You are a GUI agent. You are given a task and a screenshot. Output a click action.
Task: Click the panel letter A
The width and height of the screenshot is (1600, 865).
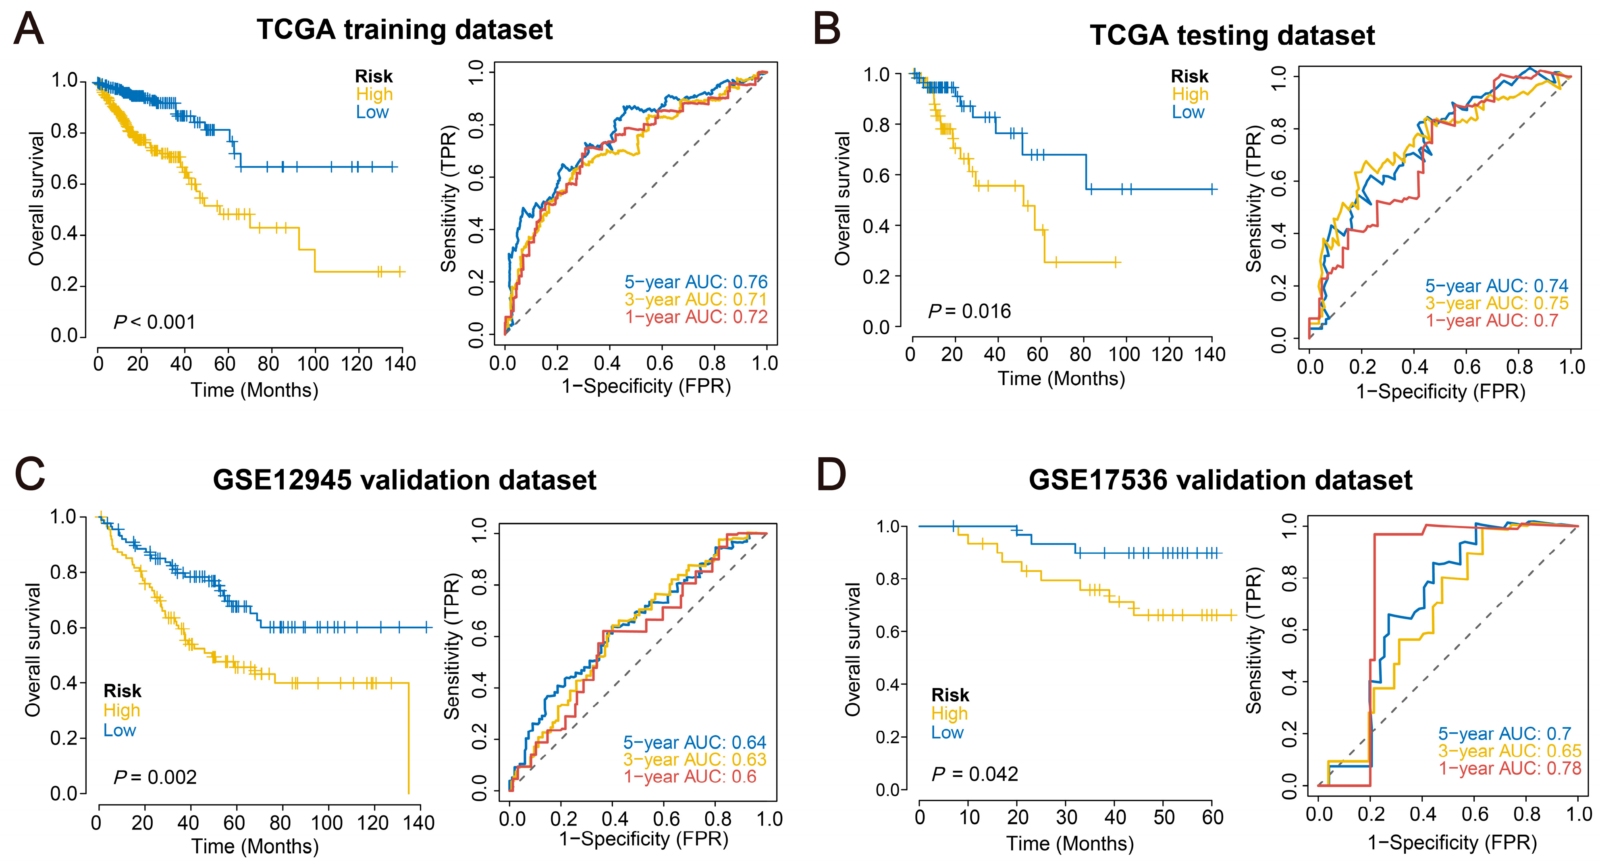(x=29, y=29)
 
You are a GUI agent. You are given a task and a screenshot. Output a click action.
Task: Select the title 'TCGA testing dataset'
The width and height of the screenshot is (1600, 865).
(x=1232, y=35)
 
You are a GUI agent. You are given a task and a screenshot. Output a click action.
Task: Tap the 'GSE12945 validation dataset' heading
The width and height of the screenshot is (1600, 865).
(x=404, y=480)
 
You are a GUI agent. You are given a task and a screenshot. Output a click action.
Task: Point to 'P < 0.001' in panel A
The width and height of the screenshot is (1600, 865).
(x=155, y=322)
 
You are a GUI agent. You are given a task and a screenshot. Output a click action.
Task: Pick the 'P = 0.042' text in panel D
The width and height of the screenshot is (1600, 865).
(x=975, y=774)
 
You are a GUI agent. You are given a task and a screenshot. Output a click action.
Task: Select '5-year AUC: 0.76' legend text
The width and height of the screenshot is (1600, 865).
(x=696, y=282)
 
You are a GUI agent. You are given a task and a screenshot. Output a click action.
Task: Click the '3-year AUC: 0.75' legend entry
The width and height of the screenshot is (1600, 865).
(x=1496, y=303)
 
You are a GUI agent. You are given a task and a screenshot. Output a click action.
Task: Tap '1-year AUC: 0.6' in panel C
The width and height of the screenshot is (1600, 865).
(x=690, y=777)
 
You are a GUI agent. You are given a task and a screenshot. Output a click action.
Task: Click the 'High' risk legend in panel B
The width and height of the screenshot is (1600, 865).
(x=1190, y=94)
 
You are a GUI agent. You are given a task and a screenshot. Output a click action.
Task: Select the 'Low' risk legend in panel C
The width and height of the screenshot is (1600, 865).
(x=119, y=730)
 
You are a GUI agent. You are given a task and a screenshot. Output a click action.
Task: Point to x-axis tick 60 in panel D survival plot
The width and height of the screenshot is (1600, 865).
(x=1212, y=817)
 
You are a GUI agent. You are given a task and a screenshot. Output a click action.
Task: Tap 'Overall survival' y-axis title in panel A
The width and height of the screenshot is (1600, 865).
(x=36, y=199)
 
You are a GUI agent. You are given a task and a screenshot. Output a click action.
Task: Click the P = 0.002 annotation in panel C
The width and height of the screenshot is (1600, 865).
(x=155, y=777)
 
